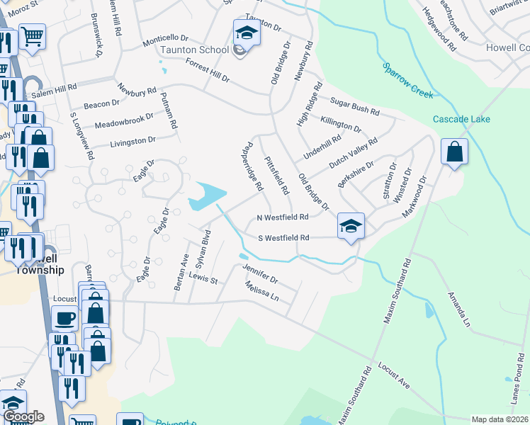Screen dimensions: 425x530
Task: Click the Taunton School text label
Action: pos(194,50)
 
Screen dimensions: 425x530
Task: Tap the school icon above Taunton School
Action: pos(247,32)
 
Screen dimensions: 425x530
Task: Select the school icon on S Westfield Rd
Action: pos(350,225)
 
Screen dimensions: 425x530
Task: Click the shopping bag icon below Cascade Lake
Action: pos(453,151)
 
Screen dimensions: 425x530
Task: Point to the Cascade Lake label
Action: pos(461,119)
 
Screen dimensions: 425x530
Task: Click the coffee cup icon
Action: pos(64,318)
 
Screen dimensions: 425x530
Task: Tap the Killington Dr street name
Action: pos(340,125)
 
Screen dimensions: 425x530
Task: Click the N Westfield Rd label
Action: pos(283,217)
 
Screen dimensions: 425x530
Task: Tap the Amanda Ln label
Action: pos(456,309)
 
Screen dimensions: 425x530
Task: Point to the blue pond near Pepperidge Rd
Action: pos(208,195)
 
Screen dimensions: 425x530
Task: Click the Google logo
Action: pos(23,416)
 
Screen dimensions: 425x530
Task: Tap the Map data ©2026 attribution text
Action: pos(500,419)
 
